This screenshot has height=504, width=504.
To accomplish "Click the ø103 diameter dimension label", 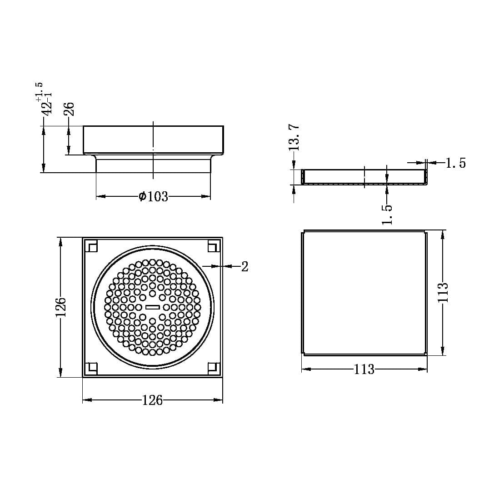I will coord(153,197).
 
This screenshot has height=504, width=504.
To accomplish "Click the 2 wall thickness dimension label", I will coord(245,267).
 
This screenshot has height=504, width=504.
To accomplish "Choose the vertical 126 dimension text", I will coord(61,307).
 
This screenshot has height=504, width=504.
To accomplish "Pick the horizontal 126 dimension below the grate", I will coord(152,400).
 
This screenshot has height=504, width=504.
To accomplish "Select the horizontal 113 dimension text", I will coord(364,369).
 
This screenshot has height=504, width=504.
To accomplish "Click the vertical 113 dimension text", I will coord(443,293).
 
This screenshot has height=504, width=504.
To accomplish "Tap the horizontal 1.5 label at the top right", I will coord(455,163).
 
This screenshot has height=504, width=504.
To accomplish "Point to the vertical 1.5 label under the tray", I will coord(387,214).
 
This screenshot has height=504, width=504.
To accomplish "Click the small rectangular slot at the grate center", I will coord(152,308).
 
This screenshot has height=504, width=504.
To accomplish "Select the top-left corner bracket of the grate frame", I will coord(93,246).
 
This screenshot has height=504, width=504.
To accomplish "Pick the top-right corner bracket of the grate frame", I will coord(212,246).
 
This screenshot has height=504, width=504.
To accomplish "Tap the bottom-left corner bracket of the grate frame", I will coord(93,367).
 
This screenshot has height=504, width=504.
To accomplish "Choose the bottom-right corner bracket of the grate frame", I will coord(212,367).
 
